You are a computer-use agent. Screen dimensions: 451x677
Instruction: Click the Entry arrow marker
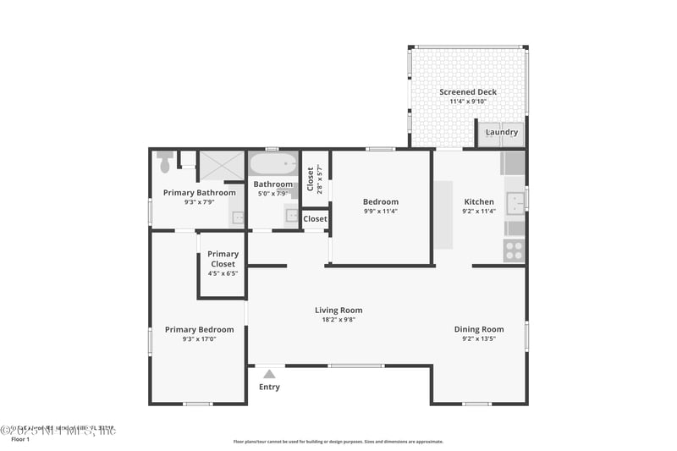click(269, 373)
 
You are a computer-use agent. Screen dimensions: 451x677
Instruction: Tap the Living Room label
click(338, 311)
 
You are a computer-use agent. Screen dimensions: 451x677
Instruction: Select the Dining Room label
click(479, 329)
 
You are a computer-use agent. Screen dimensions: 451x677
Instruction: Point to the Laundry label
click(502, 132)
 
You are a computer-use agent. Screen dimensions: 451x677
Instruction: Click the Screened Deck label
click(468, 92)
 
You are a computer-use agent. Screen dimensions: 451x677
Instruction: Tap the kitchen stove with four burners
click(514, 250)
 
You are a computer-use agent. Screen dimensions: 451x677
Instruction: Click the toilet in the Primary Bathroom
click(165, 161)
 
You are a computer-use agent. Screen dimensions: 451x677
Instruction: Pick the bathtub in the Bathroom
click(272, 162)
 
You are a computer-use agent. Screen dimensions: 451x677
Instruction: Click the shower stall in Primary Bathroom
click(221, 164)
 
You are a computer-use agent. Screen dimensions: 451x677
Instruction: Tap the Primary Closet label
click(223, 259)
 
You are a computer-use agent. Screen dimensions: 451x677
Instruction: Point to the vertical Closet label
click(311, 179)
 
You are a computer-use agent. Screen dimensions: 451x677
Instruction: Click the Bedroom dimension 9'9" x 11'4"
click(381, 212)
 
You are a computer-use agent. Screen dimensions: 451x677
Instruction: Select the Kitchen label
click(479, 202)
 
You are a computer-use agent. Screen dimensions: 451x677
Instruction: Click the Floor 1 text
click(20, 439)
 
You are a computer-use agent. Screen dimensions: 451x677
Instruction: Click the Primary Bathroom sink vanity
click(238, 218)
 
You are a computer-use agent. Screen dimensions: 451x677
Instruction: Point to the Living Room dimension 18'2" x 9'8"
click(338, 320)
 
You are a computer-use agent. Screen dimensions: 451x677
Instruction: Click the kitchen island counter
click(444, 213)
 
